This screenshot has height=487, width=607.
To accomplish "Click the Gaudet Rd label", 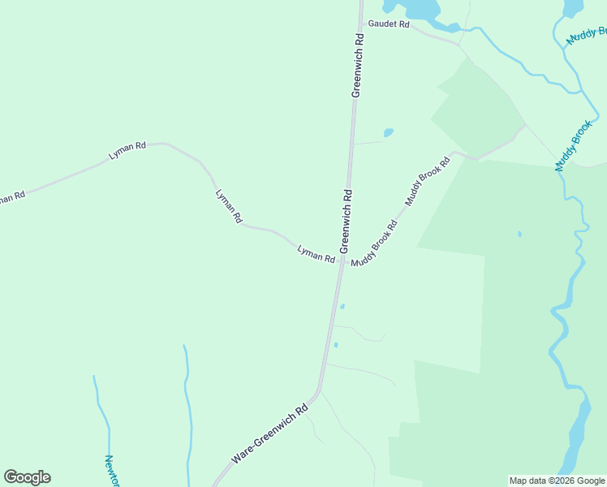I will pos(389,24).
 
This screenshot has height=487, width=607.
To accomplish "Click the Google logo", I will pos(27,477).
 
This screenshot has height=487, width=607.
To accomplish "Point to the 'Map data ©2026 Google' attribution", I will pos(557,481).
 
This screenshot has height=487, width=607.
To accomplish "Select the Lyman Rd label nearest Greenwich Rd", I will pos(316,254).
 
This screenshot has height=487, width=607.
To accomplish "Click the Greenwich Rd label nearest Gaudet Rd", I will pos(357,65).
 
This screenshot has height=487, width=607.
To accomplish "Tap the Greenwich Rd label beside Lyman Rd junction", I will pos(346,220).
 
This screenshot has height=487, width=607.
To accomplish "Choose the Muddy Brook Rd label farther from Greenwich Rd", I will pos(428,180).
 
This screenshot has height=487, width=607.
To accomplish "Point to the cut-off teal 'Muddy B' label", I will pos(588,37).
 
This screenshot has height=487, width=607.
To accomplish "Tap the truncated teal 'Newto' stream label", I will pos(111,470).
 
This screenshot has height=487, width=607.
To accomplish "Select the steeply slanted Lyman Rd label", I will pos(228,206).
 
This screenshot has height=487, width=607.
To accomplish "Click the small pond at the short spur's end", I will pos(388,132).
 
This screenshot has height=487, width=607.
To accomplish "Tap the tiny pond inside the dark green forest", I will pos(519,235).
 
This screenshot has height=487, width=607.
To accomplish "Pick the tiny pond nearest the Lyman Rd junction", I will pos(342,306).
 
